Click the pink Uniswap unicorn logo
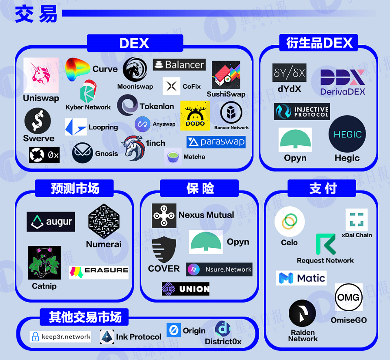point(41,75)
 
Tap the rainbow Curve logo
point(78,69)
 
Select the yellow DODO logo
point(195,115)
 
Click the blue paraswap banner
point(216,142)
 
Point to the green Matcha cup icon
point(173,156)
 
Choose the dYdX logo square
point(289,73)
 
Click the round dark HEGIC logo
point(347,134)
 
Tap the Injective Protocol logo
point(302,111)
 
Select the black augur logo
point(50,222)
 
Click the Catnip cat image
point(44,263)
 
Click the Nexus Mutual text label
point(206,215)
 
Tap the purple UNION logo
point(186,288)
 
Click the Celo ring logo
point(290,222)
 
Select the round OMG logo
point(348,298)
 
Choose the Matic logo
point(301,278)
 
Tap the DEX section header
point(134,44)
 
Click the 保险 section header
point(200,188)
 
